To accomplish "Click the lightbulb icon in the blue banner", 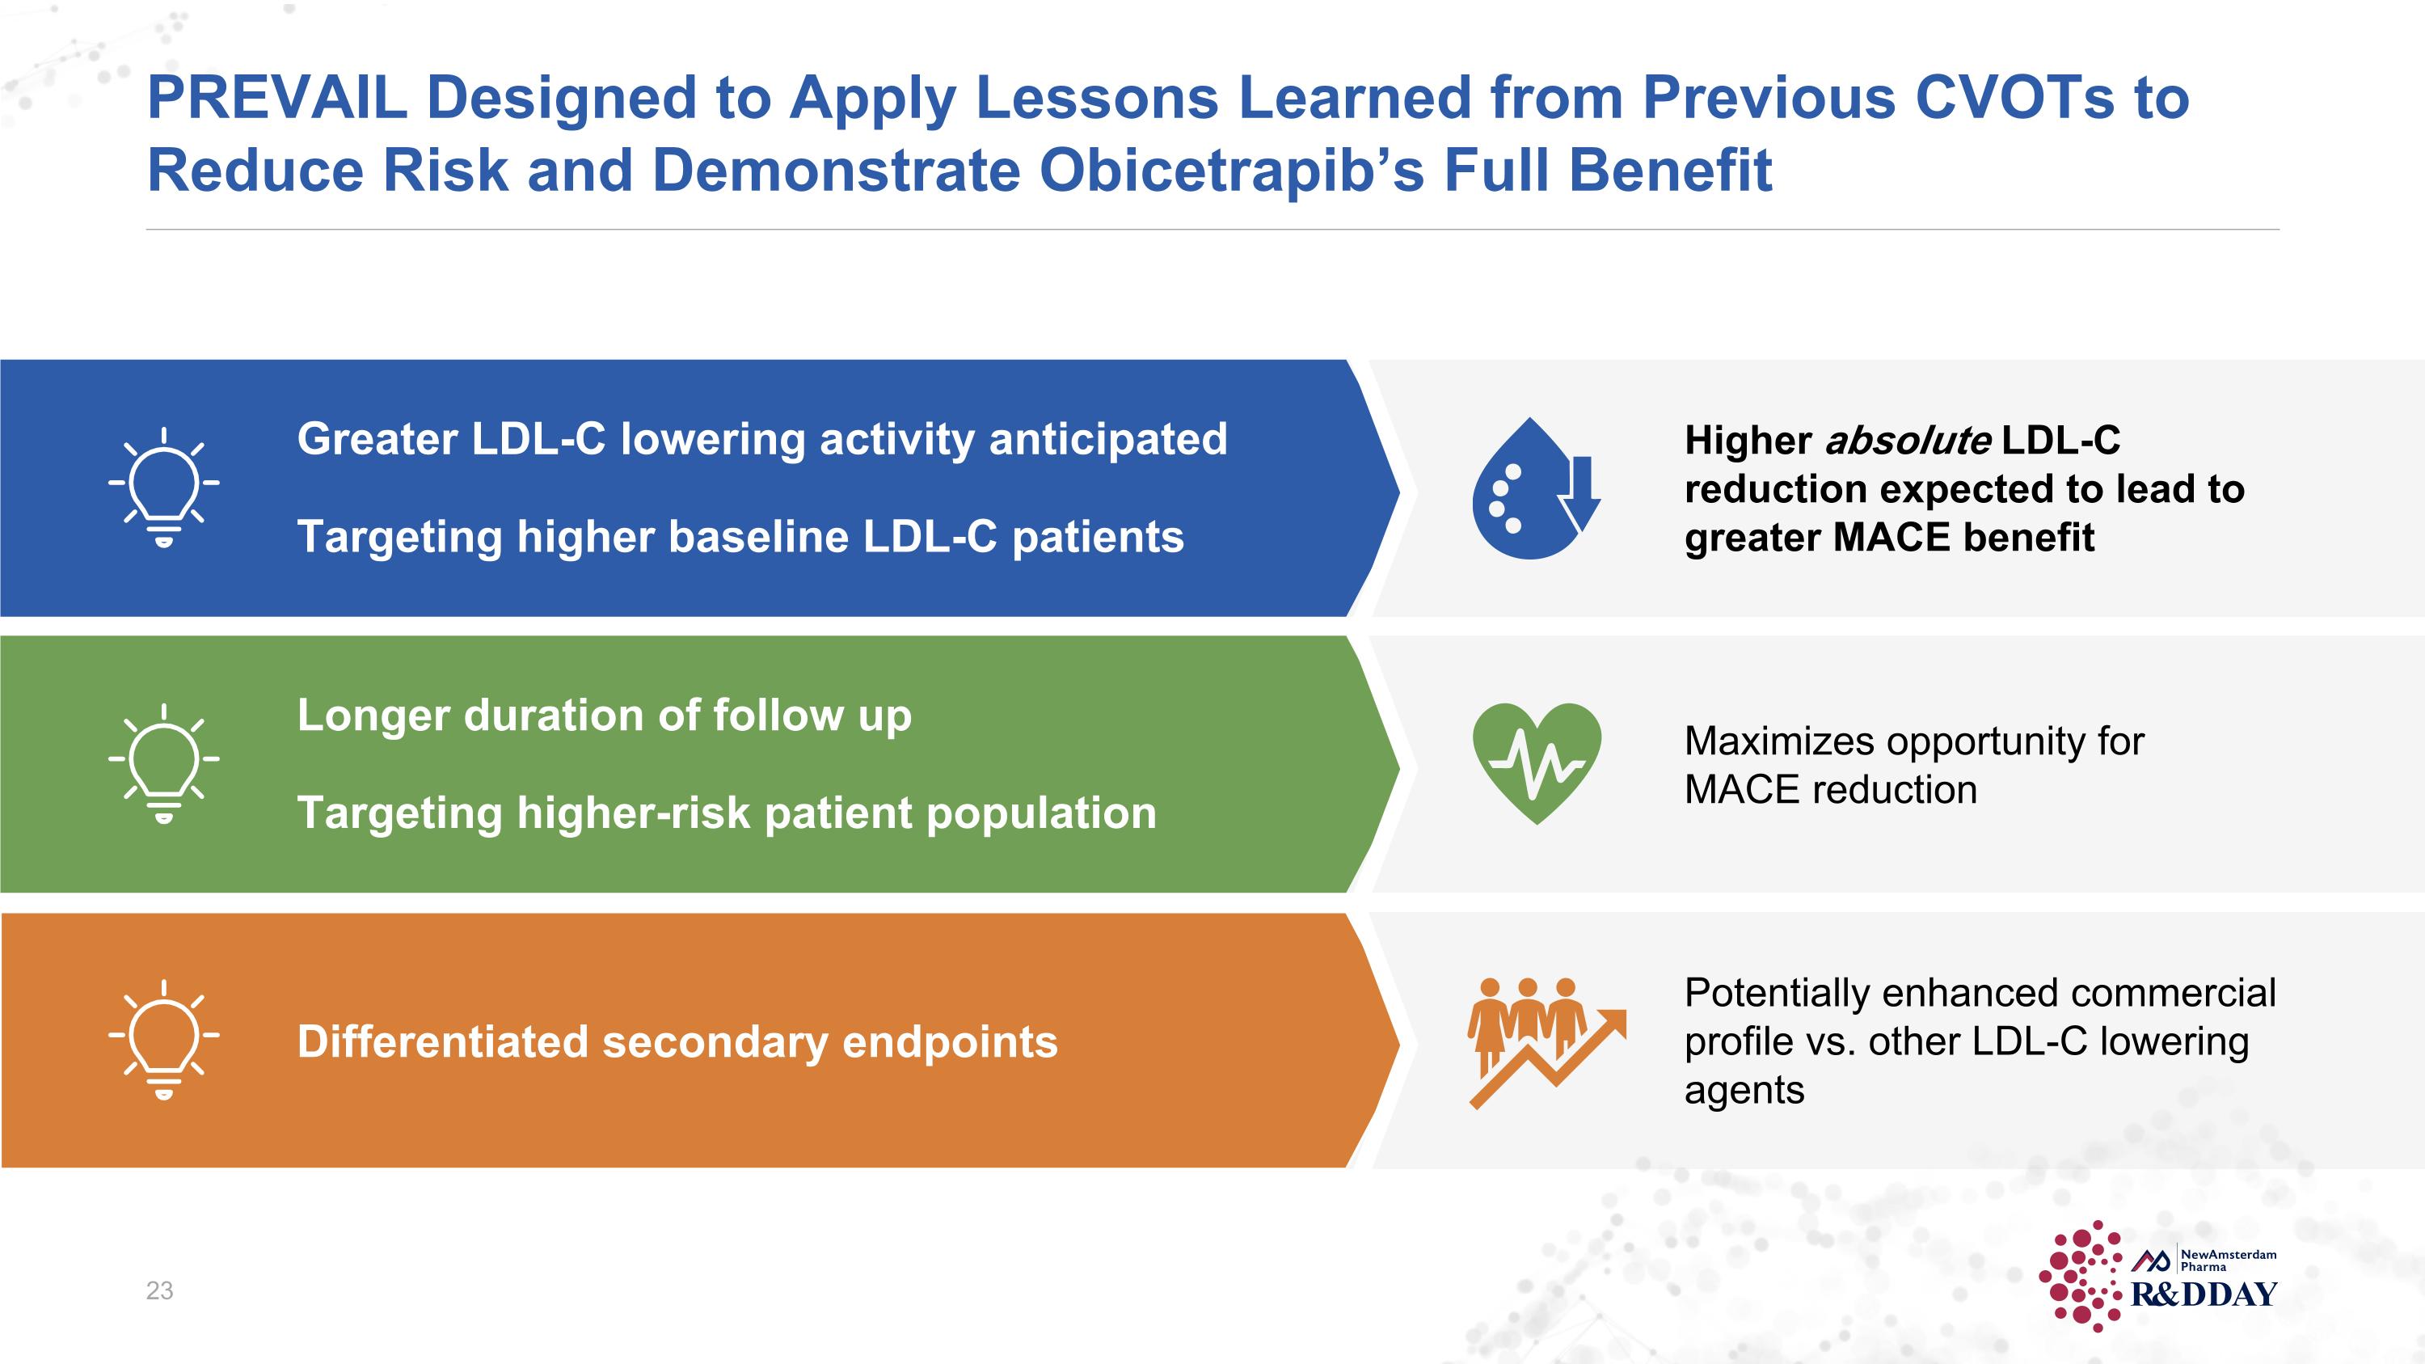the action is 164,488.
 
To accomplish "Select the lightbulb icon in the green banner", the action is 164,763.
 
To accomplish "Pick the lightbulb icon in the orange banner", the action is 164,1039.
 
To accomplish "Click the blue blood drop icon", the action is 1535,488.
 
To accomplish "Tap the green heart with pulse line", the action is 1537,763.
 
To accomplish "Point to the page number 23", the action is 160,1290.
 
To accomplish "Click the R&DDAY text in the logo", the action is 2204,1294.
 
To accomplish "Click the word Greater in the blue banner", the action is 377,440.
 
